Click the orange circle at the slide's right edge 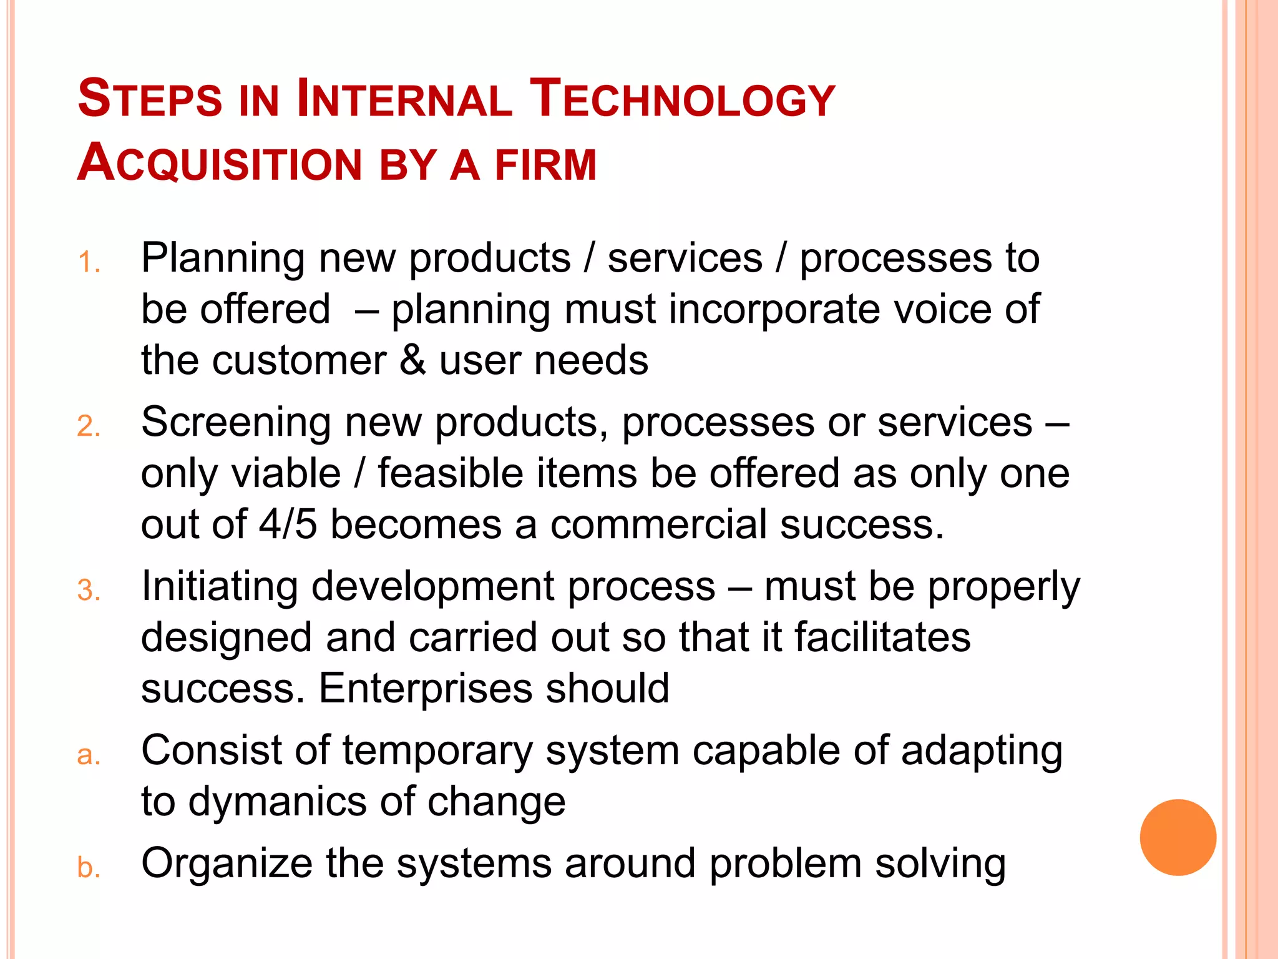1178,837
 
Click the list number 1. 89,262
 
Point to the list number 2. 89,426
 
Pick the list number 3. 89,591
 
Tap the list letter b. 89,868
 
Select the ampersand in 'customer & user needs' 412,361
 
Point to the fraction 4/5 288,524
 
